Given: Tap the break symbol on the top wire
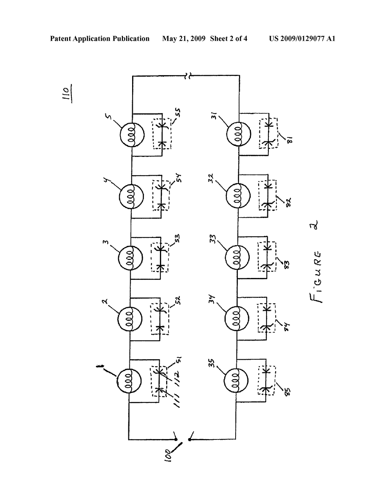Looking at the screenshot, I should pyautogui.click(x=187, y=77).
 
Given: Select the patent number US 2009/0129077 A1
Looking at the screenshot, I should pyautogui.click(x=302, y=39).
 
